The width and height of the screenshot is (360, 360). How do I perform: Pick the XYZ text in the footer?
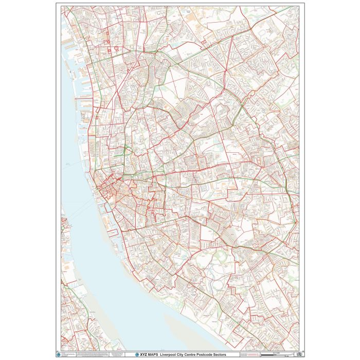click(x=143, y=354)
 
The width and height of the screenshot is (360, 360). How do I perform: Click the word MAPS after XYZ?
click(x=153, y=354)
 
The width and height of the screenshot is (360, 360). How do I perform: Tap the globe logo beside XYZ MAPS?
click(x=136, y=354)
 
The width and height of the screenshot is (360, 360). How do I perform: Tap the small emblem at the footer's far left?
click(x=64, y=354)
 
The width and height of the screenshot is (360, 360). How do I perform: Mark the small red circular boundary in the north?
click(x=117, y=48)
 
